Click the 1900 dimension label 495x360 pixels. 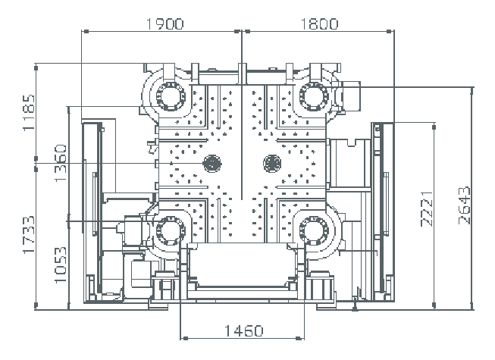[x=164, y=23]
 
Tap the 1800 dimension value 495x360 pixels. [x=319, y=23]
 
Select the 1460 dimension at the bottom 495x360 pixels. [x=243, y=330]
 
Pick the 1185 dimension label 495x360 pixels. [x=29, y=112]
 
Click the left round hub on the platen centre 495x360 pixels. [x=212, y=162]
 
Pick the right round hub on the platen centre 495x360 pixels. [x=271, y=162]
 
